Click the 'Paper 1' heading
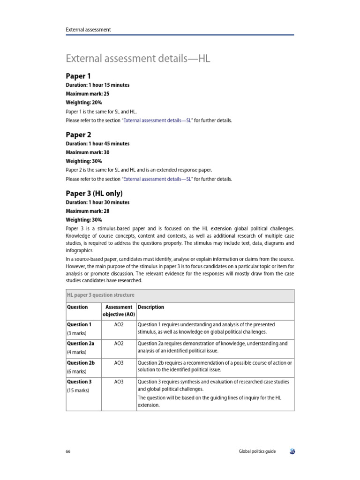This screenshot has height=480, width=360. [x=78, y=76]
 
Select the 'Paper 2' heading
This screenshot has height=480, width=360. [x=78, y=135]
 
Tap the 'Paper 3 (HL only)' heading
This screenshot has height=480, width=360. [x=96, y=193]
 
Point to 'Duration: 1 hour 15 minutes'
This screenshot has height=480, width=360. [x=97, y=85]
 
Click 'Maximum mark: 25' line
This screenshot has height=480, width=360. [x=87, y=94]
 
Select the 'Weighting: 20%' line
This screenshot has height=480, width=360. [x=84, y=102]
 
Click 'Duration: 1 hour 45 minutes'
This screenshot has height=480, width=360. [x=97, y=143]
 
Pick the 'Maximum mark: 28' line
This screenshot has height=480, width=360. [x=87, y=211]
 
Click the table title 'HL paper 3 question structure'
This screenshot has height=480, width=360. [x=101, y=295]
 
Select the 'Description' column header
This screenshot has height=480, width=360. [x=150, y=307]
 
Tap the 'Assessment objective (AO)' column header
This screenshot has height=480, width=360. [x=119, y=311]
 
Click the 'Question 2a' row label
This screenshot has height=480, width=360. [x=81, y=344]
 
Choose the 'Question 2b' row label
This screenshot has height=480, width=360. [x=81, y=363]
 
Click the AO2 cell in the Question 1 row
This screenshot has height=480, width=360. [x=119, y=324]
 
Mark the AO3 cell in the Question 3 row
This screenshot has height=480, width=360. [x=119, y=382]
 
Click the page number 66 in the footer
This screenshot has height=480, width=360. [x=68, y=451]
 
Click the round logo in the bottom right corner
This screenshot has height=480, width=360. [x=292, y=451]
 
